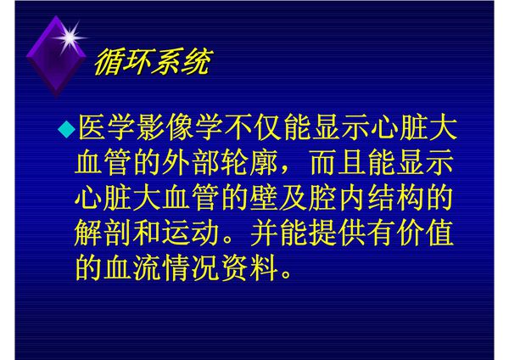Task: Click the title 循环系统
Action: [151, 63]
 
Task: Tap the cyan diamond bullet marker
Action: [66, 129]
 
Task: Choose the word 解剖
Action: [105, 233]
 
